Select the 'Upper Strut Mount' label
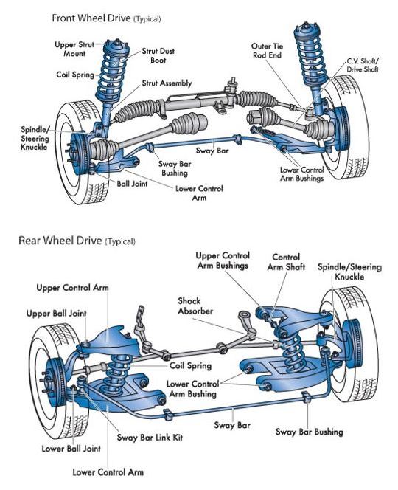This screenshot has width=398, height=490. click(x=74, y=49)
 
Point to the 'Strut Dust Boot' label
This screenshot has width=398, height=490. click(x=158, y=55)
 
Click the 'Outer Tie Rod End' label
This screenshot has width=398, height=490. click(x=267, y=51)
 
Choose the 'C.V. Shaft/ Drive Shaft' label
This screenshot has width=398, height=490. click(x=363, y=65)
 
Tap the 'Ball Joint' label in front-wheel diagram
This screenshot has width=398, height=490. click(x=132, y=184)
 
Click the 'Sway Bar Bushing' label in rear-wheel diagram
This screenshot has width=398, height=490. click(x=309, y=432)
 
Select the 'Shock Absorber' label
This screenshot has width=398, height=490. click(x=195, y=306)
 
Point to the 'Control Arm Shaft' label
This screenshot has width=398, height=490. click(x=286, y=262)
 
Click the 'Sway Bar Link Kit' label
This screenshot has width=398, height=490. click(x=150, y=437)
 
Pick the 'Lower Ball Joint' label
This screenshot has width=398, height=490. click(x=71, y=449)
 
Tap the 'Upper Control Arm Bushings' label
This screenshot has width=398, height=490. click(x=223, y=260)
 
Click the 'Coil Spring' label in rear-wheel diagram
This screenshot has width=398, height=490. click(x=190, y=365)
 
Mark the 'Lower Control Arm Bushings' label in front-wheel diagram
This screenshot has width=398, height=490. click(x=302, y=174)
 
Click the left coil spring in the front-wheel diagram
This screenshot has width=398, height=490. click(x=113, y=77)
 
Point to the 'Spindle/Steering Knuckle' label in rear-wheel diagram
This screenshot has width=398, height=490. click(x=349, y=272)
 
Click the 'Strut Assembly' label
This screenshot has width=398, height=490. click(x=167, y=83)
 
